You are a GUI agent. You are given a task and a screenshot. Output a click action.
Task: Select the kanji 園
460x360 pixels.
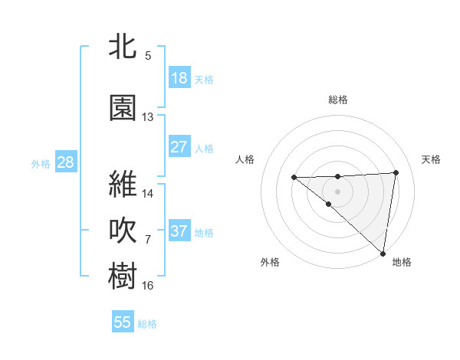(x=123, y=107)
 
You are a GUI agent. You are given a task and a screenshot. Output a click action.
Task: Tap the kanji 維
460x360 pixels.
(x=123, y=185)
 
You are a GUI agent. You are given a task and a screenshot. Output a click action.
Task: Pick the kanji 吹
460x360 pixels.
(x=123, y=231)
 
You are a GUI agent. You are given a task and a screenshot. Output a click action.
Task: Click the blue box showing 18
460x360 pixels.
(x=179, y=78)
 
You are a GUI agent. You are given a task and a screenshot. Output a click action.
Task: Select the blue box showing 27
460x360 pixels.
(x=179, y=147)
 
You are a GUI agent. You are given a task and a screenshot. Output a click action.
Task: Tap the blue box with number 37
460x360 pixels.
(x=179, y=231)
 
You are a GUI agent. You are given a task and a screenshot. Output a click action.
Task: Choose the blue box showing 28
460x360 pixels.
(x=65, y=162)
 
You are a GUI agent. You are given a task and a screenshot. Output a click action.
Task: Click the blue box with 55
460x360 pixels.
(x=123, y=322)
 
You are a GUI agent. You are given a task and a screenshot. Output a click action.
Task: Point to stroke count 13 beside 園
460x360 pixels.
(x=147, y=117)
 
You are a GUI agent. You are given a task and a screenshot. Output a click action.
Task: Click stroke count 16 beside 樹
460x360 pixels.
(x=147, y=286)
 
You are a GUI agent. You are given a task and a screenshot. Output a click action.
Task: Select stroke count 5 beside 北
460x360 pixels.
(x=147, y=55)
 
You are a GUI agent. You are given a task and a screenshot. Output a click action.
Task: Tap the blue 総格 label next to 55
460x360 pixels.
(x=147, y=324)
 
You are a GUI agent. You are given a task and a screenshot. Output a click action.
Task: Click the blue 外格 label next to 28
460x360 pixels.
(x=41, y=163)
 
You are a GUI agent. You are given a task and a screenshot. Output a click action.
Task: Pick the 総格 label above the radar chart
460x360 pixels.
(x=337, y=100)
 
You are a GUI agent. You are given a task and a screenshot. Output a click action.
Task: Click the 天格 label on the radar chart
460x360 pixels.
(x=431, y=159)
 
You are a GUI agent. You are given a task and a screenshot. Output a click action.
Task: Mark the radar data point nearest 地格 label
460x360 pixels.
(x=382, y=252)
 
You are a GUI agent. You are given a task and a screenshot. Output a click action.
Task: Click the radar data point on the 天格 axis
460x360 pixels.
(x=396, y=172)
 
